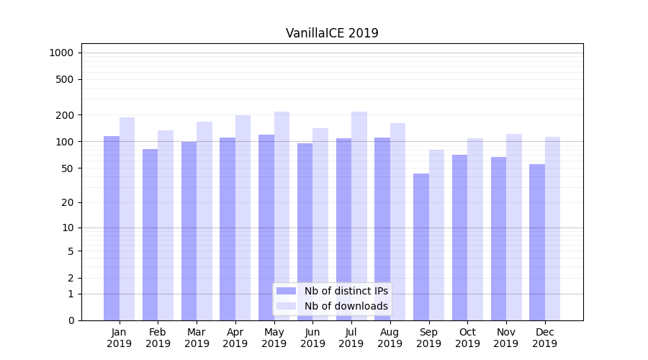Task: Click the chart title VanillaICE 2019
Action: pyautogui.click(x=332, y=33)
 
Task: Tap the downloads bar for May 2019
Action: pyautogui.click(x=282, y=216)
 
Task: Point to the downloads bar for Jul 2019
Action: pyautogui.click(x=359, y=216)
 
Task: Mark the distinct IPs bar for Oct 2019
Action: pyautogui.click(x=460, y=238)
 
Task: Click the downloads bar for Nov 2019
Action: pyautogui.click(x=514, y=227)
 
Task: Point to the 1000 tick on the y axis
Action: pyautogui.click(x=62, y=53)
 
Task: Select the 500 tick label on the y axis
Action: pyautogui.click(x=65, y=79)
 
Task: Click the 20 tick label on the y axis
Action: pyautogui.click(x=68, y=202)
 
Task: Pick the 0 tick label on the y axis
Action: pyautogui.click(x=71, y=320)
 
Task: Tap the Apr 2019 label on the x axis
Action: pyautogui.click(x=235, y=338)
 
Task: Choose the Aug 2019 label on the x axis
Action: pyautogui.click(x=390, y=338)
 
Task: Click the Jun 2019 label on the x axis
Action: pyautogui.click(x=312, y=338)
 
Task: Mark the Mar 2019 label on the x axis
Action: pyautogui.click(x=197, y=338)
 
